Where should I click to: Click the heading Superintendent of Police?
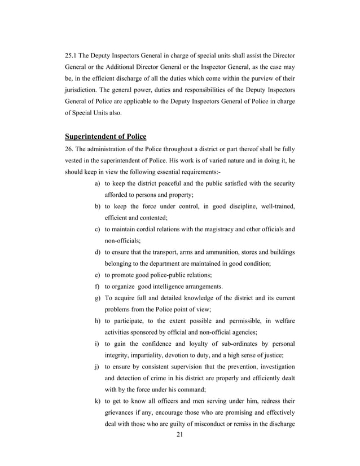coord(106,136)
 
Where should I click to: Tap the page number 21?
coord(180,450)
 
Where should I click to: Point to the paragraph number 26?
coord(70,150)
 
